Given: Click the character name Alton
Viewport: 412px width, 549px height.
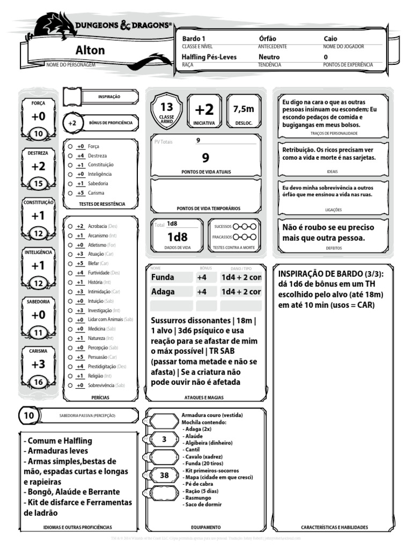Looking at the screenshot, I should (x=90, y=50).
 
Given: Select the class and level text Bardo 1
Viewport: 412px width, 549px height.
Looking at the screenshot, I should (x=194, y=39).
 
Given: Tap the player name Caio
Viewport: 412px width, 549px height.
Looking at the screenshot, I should (x=330, y=39).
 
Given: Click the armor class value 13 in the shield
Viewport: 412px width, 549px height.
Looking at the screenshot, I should (x=167, y=107).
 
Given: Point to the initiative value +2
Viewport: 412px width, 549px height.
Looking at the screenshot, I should (x=204, y=110).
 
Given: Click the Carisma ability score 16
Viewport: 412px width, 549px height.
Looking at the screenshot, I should (x=38, y=382).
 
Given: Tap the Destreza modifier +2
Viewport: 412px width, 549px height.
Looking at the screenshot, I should (x=38, y=167).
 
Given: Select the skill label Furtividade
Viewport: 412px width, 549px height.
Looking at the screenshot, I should (x=98, y=273).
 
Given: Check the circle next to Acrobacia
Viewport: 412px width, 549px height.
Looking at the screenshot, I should (x=70, y=227).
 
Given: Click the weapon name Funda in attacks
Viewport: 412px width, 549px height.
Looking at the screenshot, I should (x=163, y=278).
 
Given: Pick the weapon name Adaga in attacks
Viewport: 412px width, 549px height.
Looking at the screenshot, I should (x=163, y=292).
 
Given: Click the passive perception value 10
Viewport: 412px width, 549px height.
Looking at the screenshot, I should (x=29, y=416).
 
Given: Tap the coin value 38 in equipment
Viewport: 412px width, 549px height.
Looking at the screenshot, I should (x=164, y=475).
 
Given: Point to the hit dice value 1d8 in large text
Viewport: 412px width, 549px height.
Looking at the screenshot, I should (x=177, y=237).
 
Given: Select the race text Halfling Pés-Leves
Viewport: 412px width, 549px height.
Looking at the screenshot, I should (x=209, y=57).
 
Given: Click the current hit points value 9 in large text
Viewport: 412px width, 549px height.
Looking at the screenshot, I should (x=205, y=158).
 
